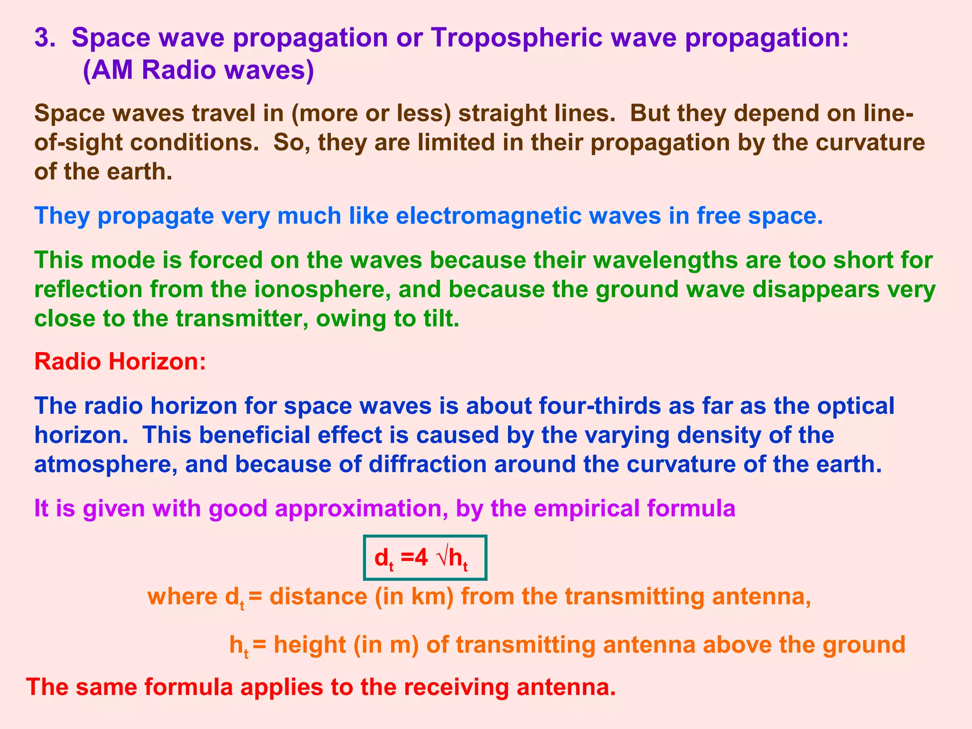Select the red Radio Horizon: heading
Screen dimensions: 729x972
[x=120, y=362]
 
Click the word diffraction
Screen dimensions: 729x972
[x=428, y=465]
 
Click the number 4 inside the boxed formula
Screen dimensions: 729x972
[x=422, y=558]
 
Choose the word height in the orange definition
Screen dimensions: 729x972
[x=309, y=645]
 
